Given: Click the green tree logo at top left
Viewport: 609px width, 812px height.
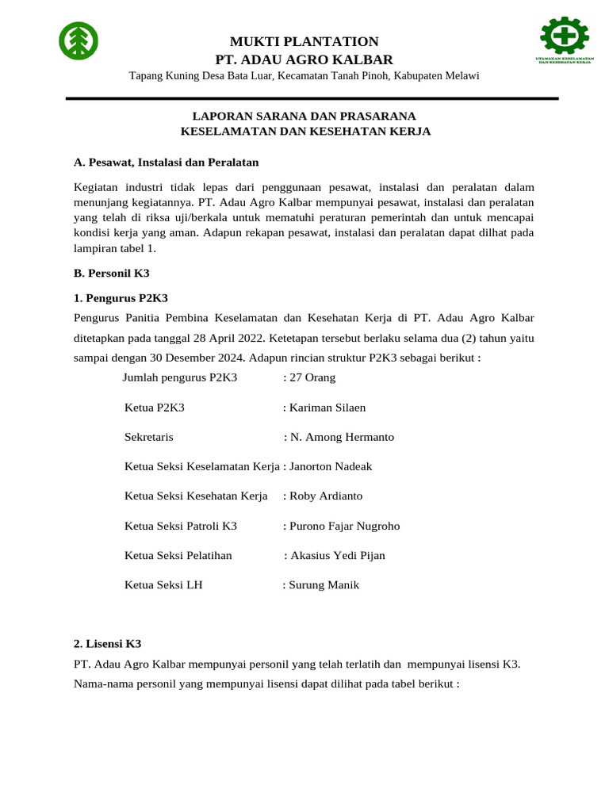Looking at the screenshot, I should (x=79, y=41).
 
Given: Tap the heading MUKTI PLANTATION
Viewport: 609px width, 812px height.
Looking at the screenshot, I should (x=304, y=41).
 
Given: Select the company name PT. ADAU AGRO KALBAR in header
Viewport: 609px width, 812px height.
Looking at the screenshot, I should (x=304, y=59).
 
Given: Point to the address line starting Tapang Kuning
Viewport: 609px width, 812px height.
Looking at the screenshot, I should (x=304, y=76).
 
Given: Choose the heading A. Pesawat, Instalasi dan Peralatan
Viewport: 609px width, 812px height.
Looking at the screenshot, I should (x=167, y=162).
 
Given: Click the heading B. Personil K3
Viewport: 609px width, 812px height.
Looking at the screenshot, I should (x=111, y=272).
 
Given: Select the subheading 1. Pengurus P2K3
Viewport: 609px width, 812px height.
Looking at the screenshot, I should (x=121, y=298).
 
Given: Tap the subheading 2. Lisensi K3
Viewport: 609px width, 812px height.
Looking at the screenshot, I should (x=107, y=644).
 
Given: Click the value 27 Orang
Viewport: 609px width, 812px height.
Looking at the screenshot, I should (x=312, y=377).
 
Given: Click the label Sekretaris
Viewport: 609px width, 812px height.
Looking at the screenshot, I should (x=149, y=437).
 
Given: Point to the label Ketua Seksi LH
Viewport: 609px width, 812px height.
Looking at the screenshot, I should (x=164, y=585).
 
